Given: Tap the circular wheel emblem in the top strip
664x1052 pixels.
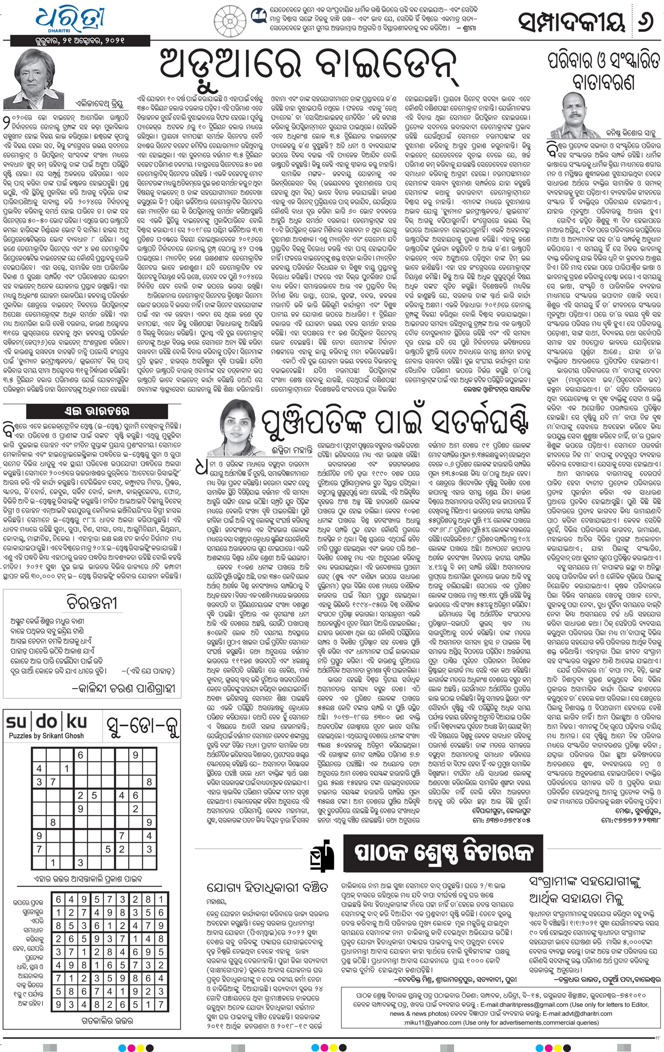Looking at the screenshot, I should tap(229, 19).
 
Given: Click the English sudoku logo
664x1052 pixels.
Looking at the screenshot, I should tap(46, 722).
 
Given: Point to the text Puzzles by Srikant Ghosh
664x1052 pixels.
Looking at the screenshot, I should tap(46, 736).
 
